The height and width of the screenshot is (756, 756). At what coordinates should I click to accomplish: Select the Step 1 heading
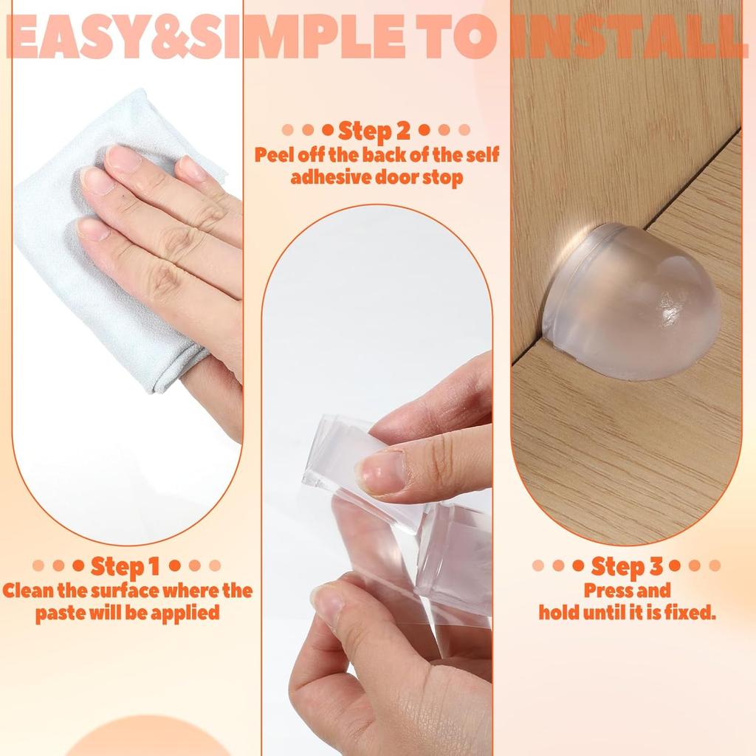(126, 566)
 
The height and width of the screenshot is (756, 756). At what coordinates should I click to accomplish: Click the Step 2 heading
(375, 131)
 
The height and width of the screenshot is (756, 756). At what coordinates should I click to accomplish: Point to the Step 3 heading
(627, 567)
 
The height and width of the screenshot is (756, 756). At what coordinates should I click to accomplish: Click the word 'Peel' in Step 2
(275, 156)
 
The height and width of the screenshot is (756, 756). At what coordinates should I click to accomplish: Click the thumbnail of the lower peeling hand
(328, 602)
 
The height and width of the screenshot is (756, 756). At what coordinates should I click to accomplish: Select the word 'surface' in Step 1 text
(121, 591)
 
